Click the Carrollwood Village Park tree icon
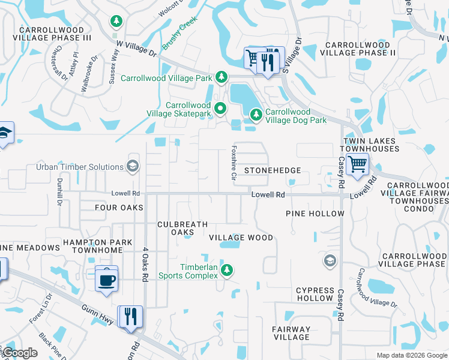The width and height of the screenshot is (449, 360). [221, 77]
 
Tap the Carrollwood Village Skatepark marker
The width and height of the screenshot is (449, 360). [220, 109]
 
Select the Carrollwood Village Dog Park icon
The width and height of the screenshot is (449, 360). [256, 113]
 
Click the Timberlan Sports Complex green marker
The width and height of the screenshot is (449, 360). [226, 270]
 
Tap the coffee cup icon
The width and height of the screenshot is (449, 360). [106, 280]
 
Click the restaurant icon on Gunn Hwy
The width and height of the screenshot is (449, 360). [130, 316]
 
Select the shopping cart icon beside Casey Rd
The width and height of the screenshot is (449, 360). [357, 163]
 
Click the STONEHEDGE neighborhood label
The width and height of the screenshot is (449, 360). [272, 170]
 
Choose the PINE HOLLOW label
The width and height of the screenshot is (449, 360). [315, 214]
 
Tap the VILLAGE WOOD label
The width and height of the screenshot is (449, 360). [241, 238]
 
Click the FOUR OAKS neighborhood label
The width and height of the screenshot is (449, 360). [119, 208]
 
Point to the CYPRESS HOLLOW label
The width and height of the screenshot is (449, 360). [314, 294]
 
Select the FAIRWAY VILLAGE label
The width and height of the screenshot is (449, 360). [291, 333]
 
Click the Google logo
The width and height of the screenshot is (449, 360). [20, 353]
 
